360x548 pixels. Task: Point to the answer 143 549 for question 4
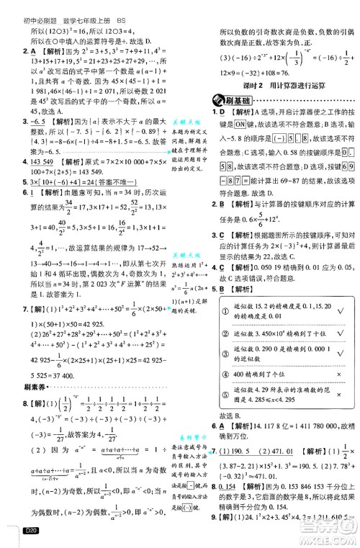pyautogui.click(x=40, y=164)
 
